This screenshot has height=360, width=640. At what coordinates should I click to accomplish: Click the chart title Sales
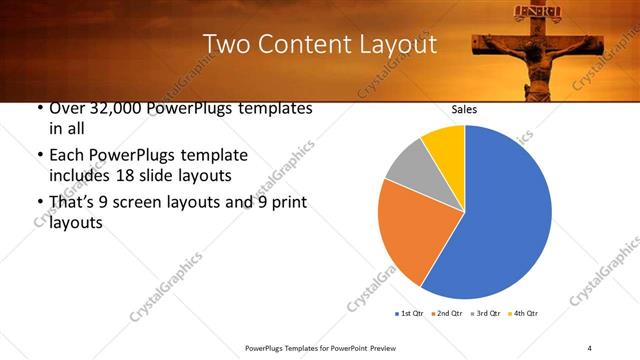pos(464,110)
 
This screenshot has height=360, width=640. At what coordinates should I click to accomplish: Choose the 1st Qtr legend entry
pos(411,314)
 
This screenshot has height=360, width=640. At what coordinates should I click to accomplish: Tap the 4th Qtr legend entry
pos(524,314)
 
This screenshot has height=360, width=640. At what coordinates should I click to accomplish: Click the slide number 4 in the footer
pos(589,347)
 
